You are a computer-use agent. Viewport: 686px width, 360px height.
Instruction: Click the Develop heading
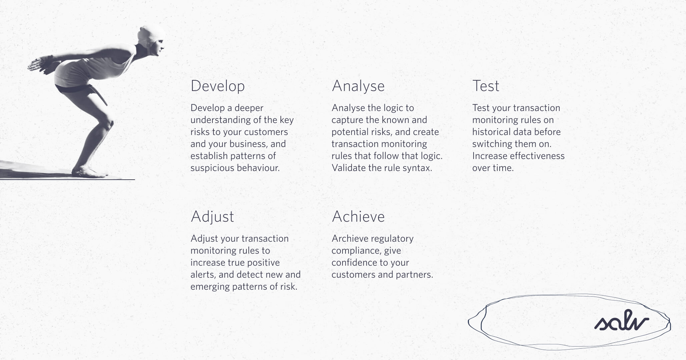click(217, 86)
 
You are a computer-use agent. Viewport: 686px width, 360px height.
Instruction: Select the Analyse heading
click(358, 86)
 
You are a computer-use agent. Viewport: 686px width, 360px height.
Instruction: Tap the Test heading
click(486, 86)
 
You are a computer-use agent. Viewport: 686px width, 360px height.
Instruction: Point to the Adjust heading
click(212, 217)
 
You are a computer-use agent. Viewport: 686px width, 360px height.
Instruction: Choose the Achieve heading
click(358, 217)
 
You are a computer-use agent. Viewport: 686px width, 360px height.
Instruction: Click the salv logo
click(621, 321)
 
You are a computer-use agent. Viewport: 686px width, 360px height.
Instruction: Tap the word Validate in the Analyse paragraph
click(349, 168)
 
